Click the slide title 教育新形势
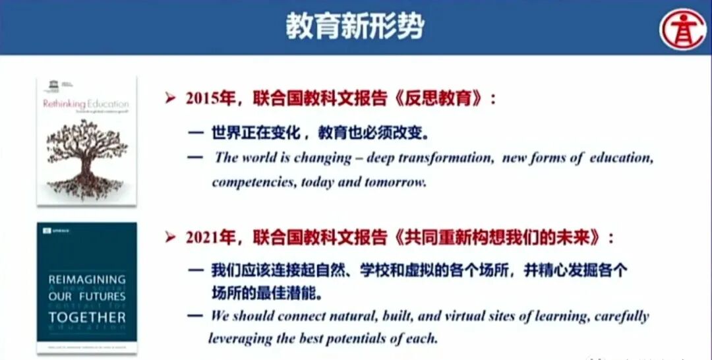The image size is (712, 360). pos(355,27)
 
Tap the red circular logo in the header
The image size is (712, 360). pos(683,28)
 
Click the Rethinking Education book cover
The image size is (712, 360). pos(86,140)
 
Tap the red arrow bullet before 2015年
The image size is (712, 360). pos(171,99)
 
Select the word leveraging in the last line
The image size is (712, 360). pos(241,339)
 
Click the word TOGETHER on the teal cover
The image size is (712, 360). pos(86,317)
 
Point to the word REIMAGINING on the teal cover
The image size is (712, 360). pos(86,280)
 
